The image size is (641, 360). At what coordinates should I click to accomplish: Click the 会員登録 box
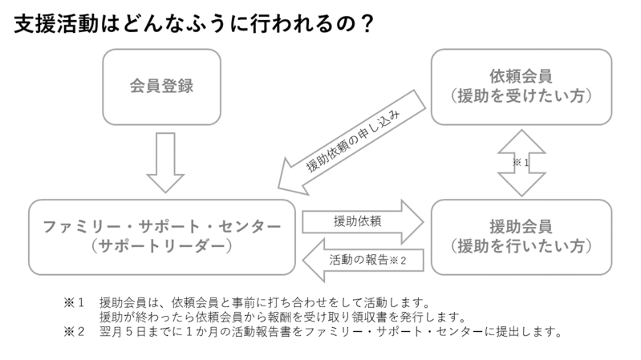tap(162, 87)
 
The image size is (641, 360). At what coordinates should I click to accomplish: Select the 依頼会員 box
tap(521, 87)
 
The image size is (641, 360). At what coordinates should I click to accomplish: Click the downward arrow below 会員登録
tap(166, 160)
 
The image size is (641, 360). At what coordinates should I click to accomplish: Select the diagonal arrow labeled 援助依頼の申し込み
tap(353, 141)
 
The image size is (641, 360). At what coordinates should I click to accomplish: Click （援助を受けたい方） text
tap(521, 97)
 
